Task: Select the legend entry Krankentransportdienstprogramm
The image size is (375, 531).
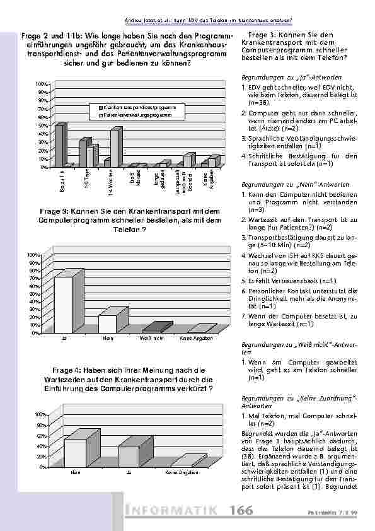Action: (x=136, y=108)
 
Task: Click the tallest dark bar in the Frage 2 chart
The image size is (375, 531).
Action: (x=59, y=146)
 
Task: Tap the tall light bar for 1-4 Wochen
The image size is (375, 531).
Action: (x=115, y=148)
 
